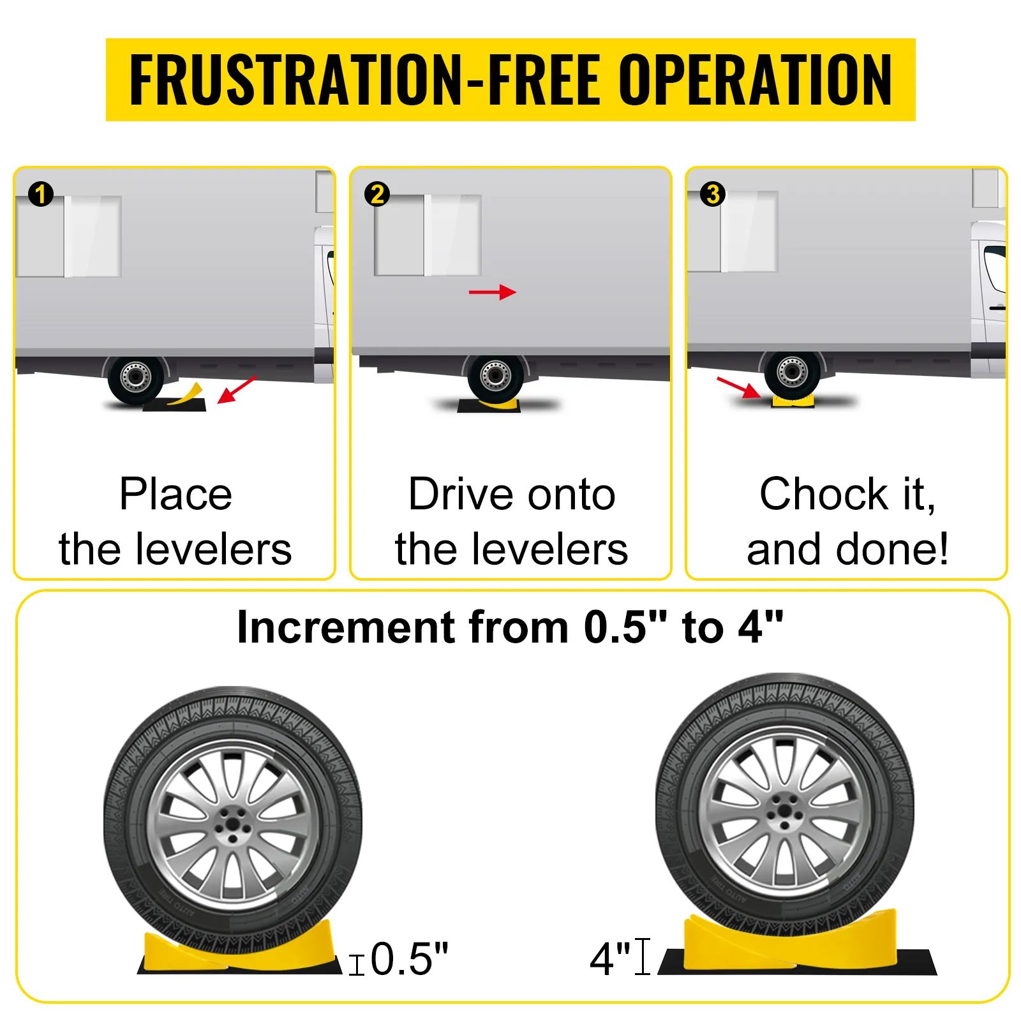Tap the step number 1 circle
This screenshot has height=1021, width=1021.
(41, 194)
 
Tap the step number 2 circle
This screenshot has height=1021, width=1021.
(377, 194)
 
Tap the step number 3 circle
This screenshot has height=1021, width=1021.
(713, 194)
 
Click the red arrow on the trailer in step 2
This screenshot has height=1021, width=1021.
(492, 292)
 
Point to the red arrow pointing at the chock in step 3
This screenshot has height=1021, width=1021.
(738, 387)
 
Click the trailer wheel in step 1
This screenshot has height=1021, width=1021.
(135, 377)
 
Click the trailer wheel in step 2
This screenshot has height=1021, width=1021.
(496, 375)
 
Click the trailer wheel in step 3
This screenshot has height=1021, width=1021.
(792, 372)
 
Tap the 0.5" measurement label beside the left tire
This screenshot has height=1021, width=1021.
(409, 958)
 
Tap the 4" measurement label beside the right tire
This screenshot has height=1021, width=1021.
(610, 958)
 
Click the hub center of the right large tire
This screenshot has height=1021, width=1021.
(784, 814)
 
